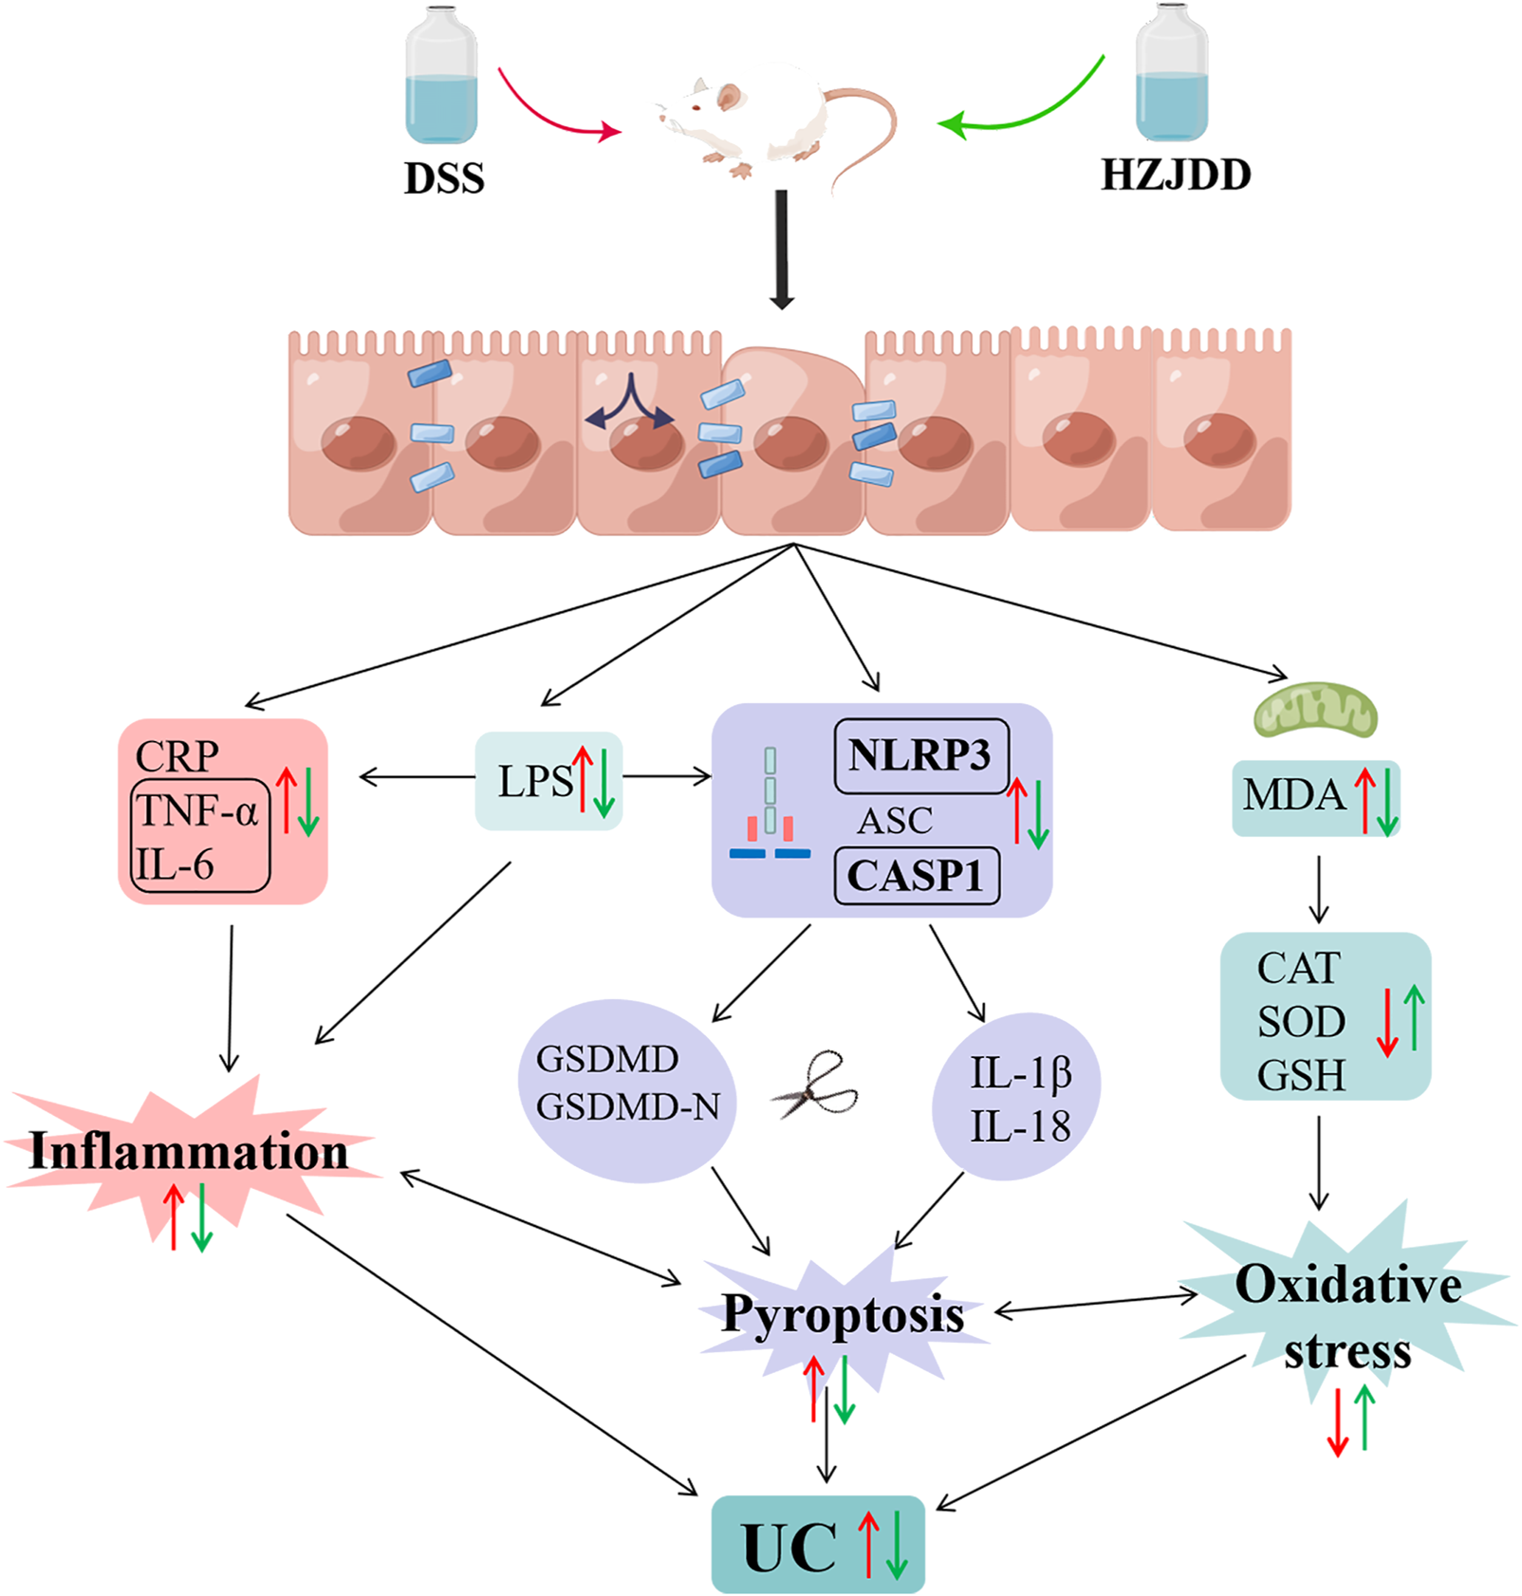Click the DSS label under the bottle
[444, 178]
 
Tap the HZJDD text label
[1175, 175]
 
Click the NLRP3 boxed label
[919, 755]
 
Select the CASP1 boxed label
[915, 875]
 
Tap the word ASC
[894, 821]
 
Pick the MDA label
[1294, 795]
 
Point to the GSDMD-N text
[627, 1106]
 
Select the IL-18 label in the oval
[1019, 1126]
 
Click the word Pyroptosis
[842, 1314]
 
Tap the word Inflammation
[189, 1151]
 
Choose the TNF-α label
[197, 811]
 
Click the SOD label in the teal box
[1301, 1022]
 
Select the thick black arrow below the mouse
[781, 250]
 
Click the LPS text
[534, 782]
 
